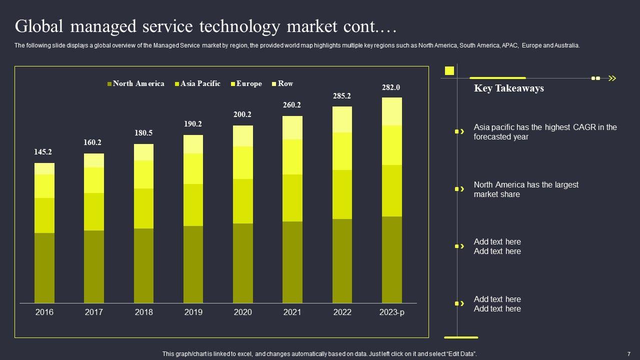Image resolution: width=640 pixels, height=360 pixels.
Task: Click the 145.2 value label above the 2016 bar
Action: [43, 152]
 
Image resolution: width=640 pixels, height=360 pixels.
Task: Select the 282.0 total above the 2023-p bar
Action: [391, 87]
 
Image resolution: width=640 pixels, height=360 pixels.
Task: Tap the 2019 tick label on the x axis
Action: [193, 312]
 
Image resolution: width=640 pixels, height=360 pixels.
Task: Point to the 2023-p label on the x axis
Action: [392, 312]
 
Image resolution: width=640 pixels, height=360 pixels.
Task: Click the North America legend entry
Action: [135, 83]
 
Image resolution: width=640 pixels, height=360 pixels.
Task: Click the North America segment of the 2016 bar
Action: [44, 267]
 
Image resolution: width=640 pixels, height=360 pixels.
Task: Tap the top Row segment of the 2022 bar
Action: [342, 119]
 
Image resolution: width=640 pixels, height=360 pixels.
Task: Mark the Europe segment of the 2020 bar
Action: [243, 162]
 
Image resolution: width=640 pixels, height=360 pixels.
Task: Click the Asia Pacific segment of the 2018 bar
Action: [143, 208]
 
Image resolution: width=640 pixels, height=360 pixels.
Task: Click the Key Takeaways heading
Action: [508, 88]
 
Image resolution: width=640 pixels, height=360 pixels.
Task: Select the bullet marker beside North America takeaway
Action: [457, 189]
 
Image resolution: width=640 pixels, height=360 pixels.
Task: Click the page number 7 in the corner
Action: [628, 353]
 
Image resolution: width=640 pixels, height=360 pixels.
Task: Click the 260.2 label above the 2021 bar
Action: [292, 105]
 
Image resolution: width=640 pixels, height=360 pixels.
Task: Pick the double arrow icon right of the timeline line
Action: [612, 78]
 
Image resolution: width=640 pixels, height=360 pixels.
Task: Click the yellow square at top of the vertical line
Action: [449, 70]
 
